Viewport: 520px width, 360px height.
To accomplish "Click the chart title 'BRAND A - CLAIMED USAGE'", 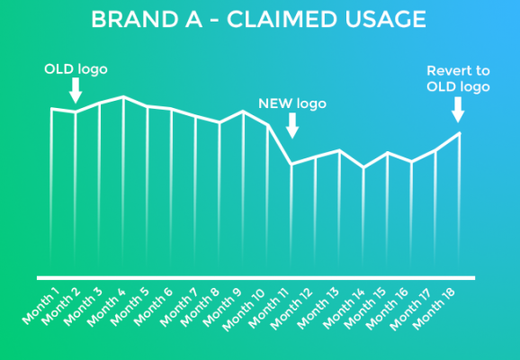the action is (258, 19).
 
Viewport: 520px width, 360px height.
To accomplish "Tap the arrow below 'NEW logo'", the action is (292, 125).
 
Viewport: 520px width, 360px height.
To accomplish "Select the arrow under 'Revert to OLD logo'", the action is (458, 110).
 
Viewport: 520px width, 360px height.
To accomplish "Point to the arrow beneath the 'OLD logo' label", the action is (76, 90).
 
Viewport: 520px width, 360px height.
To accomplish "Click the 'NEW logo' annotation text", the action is (292, 103).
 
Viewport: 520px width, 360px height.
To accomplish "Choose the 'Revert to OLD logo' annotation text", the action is (458, 79).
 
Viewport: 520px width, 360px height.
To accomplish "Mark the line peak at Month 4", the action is (123, 97).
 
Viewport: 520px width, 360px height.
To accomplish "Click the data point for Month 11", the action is (291, 164).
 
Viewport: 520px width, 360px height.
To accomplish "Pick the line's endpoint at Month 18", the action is (460, 133).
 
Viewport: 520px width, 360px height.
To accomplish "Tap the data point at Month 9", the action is (244, 112).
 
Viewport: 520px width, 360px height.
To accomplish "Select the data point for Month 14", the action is (363, 167).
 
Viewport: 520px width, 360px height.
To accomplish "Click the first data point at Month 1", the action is (52, 109).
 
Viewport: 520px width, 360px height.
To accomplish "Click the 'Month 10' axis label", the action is (244, 310).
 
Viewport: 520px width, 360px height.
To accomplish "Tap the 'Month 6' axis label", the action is (153, 307).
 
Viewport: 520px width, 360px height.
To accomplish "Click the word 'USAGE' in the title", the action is (385, 19).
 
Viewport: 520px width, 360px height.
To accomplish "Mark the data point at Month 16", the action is (412, 162).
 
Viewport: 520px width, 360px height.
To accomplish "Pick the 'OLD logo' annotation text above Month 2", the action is (76, 69).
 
